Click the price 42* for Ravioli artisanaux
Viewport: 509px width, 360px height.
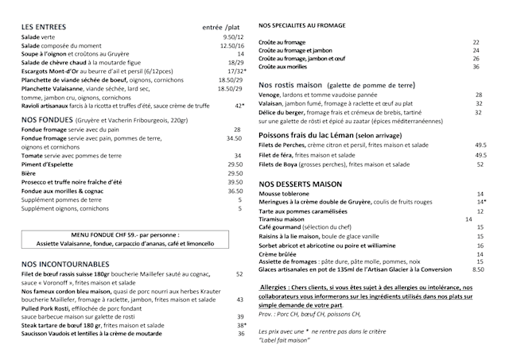pyautogui.click(x=239, y=105)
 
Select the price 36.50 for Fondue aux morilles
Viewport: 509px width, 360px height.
pyautogui.click(x=235, y=191)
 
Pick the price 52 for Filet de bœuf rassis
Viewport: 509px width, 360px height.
pyautogui.click(x=239, y=274)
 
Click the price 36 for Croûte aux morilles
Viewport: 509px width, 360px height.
pyautogui.click(x=476, y=67)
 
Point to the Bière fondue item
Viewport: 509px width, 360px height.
pyautogui.click(x=29, y=173)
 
